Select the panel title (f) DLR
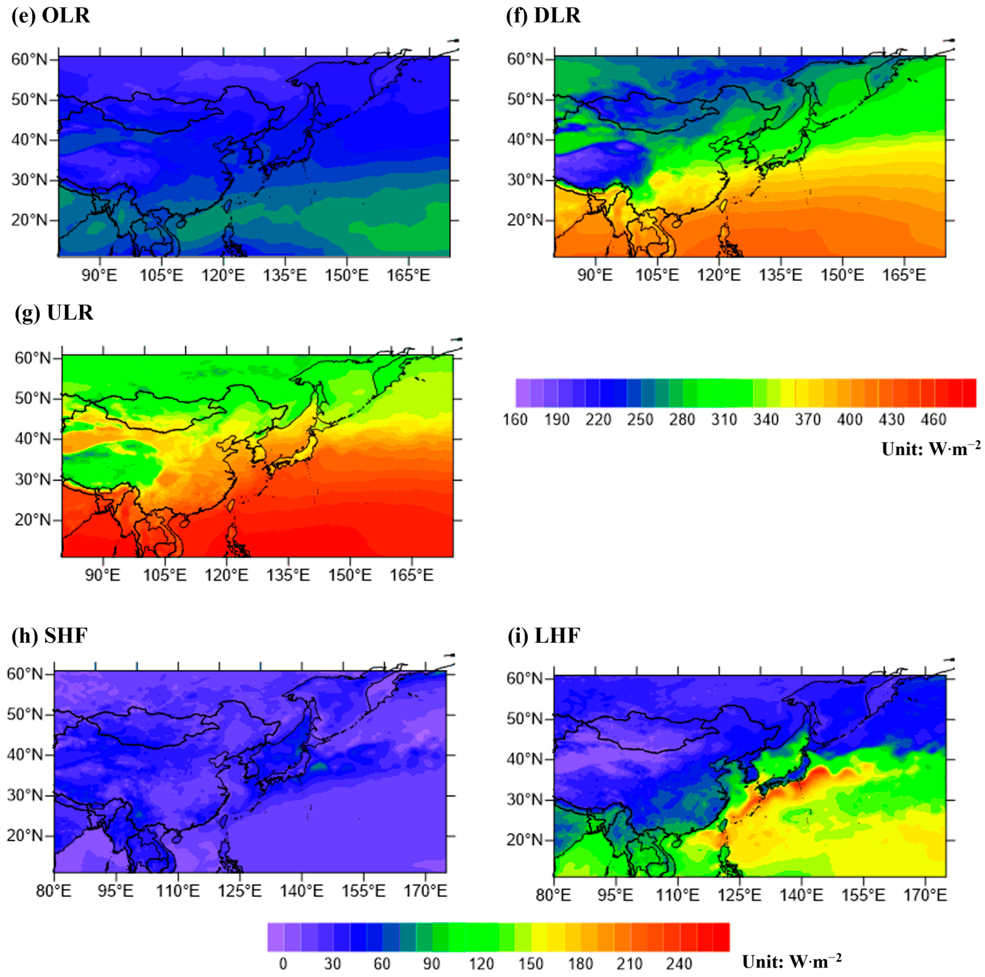544,16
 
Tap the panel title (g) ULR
55,313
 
